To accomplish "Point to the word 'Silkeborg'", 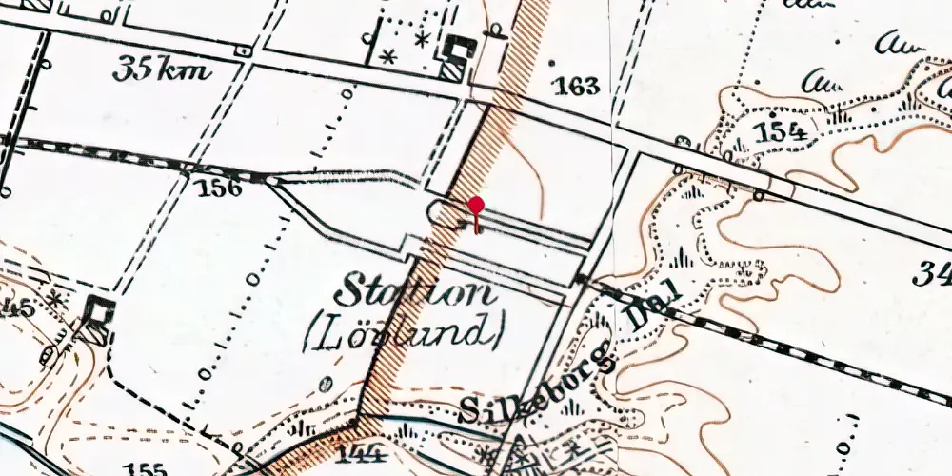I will (535, 392).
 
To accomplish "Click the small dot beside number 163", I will (552, 65).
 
